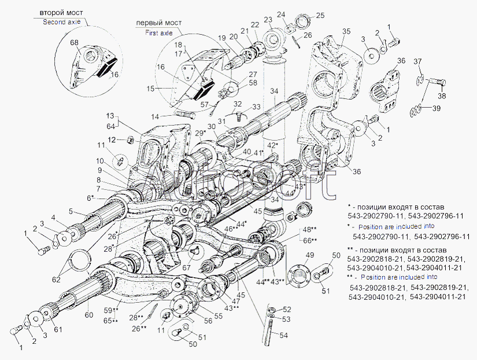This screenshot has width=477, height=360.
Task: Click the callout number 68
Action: (75, 43)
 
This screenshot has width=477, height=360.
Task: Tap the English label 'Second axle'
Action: (64, 22)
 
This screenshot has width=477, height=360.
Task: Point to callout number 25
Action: (320, 15)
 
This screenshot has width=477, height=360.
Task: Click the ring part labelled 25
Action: (303, 23)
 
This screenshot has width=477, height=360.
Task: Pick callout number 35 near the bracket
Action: (346, 31)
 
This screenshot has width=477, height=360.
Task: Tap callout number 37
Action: (418, 62)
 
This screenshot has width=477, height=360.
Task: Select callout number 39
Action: (436, 108)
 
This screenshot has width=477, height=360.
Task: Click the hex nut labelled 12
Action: (130, 139)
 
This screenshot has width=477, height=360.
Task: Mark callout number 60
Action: (88, 315)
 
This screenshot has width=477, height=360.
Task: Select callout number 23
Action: (268, 19)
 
